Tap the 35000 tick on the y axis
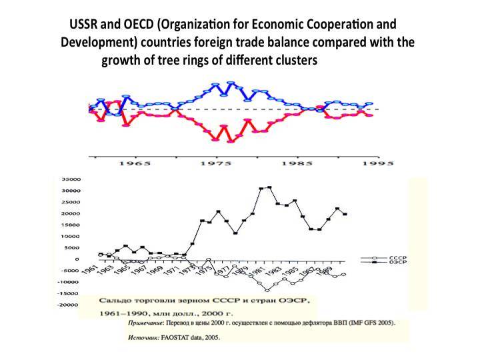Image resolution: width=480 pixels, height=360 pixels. click(71, 179)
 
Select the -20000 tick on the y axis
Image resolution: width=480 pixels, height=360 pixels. click(69, 305)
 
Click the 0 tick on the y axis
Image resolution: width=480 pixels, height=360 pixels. click(77, 259)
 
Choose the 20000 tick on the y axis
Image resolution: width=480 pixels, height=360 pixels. click(71, 213)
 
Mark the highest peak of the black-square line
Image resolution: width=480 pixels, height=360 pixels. click(269, 187)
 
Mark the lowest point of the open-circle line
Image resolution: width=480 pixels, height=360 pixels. click(267, 290)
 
